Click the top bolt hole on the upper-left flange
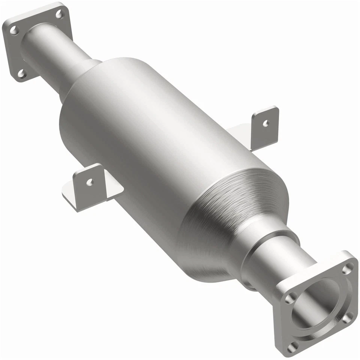coord(59,14)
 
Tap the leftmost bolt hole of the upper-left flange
coord(13,30)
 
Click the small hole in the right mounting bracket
coord(265,123)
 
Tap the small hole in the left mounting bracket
coord(90,182)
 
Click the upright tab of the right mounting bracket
coord(265,127)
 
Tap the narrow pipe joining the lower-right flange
coord(277,262)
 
